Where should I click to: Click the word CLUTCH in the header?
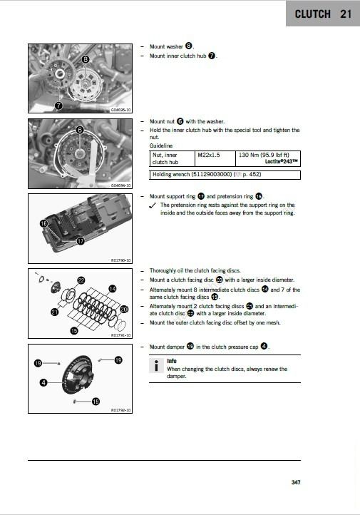pyautogui.click(x=312, y=14)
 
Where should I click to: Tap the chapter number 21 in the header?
pyautogui.click(x=346, y=14)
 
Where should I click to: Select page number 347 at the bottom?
pyautogui.click(x=296, y=483)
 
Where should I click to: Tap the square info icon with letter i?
pyautogui.click(x=157, y=366)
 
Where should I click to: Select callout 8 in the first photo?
pyautogui.click(x=86, y=60)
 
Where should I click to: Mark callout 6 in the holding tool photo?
pyautogui.click(x=80, y=130)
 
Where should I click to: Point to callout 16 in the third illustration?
pyautogui.click(x=43, y=223)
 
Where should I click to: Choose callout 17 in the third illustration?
pyautogui.click(x=81, y=241)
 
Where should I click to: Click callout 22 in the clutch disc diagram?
pyautogui.click(x=81, y=280)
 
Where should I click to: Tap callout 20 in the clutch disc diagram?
pyautogui.click(x=124, y=309)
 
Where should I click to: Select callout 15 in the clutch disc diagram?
pyautogui.click(x=73, y=331)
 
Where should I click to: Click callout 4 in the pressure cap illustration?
pyautogui.click(x=43, y=383)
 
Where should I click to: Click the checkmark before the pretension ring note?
pyautogui.click(x=153, y=205)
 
